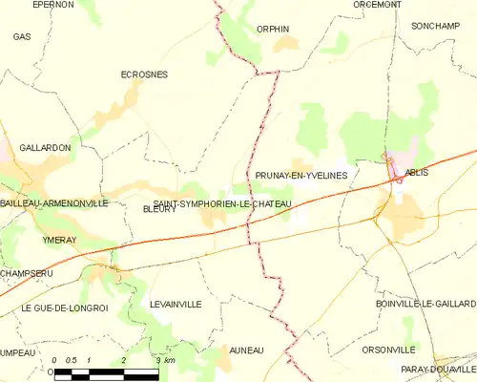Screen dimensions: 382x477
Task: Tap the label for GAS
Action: pyautogui.click(x=21, y=36)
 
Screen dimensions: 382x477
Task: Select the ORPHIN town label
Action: pyautogui.click(x=273, y=29)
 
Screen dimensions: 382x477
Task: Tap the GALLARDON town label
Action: pyautogui.click(x=39, y=148)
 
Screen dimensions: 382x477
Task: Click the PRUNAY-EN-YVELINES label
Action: pyautogui.click(x=301, y=176)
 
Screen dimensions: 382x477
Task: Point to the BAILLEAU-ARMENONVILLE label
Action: pyautogui.click(x=54, y=203)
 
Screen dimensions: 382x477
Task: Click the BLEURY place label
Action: pyautogui.click(x=159, y=209)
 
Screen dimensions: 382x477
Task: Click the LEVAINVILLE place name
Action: pyautogui.click(x=176, y=303)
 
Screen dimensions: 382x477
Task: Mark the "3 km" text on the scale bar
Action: pyautogui.click(x=165, y=360)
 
